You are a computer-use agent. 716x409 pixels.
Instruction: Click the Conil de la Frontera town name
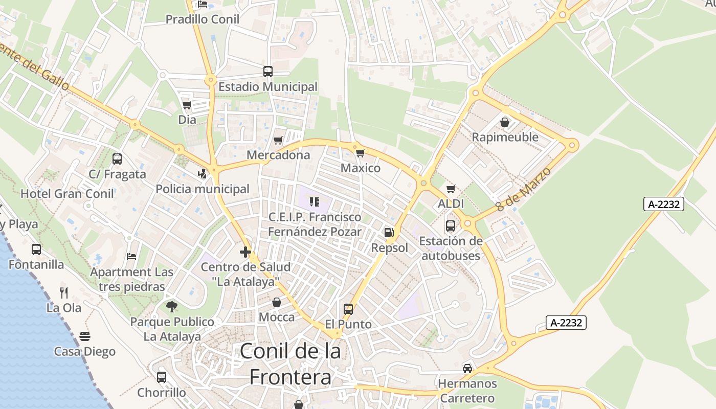290,364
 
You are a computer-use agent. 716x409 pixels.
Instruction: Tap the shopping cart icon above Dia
187,105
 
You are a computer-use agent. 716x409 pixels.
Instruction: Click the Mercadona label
278,155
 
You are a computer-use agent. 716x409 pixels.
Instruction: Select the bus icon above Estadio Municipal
268,72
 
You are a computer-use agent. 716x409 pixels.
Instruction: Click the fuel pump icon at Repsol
389,233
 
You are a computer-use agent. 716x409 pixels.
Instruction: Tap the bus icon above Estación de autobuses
451,225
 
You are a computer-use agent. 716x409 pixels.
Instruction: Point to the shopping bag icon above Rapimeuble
505,122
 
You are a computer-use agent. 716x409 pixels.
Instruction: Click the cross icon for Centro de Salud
245,252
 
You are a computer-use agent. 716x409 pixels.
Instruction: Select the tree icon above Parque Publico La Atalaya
172,307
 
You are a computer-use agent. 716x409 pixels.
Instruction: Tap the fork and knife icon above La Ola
64,292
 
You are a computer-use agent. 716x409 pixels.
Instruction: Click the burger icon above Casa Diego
85,336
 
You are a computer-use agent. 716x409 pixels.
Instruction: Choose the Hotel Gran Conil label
68,194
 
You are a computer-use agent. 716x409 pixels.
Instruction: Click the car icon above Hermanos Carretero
467,368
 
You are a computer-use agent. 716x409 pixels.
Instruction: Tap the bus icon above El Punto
348,309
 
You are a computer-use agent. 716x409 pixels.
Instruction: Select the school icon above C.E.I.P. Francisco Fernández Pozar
315,202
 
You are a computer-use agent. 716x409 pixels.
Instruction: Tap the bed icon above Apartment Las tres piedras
132,256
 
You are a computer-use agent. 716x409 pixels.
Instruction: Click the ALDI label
451,203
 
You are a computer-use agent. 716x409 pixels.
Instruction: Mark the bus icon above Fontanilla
36,249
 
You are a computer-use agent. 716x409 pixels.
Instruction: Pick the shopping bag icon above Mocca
277,302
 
